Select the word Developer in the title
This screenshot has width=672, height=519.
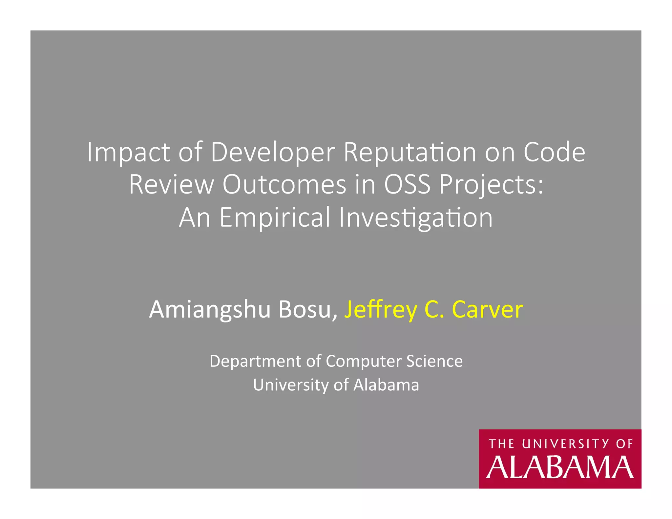tap(273, 152)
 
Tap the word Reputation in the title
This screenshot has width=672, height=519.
tap(410, 152)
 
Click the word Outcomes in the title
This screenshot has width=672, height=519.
tap(284, 184)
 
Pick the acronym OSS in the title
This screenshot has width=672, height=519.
tap(407, 184)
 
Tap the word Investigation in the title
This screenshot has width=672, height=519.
tap(416, 218)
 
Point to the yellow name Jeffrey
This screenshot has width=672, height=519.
tap(381, 309)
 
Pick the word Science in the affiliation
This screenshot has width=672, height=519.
tap(434, 361)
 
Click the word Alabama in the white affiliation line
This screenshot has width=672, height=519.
tap(386, 385)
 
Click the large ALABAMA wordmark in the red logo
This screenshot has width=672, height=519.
tap(560, 467)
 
